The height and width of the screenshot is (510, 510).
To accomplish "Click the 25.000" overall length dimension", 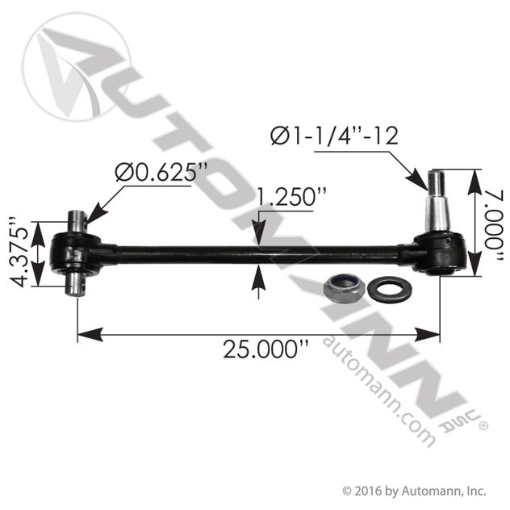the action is [265, 349].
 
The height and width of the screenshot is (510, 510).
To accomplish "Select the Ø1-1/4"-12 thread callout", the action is [334, 136].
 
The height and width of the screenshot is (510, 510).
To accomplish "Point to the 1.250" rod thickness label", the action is [291, 197].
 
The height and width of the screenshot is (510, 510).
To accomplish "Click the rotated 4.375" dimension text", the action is [19, 252].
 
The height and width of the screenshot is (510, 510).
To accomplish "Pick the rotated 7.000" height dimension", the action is [495, 224].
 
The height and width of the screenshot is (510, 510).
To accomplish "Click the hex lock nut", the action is [345, 288].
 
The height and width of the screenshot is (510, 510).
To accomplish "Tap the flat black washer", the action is [390, 288].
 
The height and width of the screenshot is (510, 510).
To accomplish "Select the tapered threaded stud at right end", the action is [436, 202].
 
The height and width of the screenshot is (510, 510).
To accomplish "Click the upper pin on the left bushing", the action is [77, 221].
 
